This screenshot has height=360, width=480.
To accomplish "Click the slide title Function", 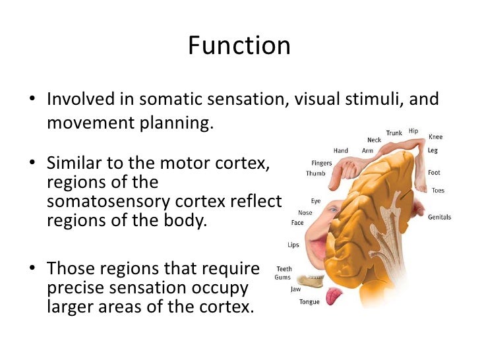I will (239, 45).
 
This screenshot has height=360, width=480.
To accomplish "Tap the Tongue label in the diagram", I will (309, 302).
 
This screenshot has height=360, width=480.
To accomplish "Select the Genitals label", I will (439, 217).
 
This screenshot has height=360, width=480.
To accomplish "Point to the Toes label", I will (438, 191).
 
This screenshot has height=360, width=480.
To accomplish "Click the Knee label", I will (436, 136).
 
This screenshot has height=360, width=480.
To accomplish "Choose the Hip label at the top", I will (413, 131).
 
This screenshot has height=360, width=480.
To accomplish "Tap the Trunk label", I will (394, 133).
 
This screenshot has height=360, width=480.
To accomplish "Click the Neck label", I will (375, 140).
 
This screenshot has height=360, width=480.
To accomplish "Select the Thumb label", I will (316, 173).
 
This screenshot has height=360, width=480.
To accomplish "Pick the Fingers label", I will (321, 163).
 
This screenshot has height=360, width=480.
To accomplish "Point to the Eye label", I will (316, 201).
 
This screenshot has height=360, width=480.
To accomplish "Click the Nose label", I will (305, 213).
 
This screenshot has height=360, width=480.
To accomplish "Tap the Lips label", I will (293, 245).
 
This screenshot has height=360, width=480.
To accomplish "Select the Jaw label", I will (295, 289).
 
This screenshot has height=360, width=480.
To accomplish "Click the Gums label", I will (283, 277).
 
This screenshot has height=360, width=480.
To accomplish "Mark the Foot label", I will (434, 173).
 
